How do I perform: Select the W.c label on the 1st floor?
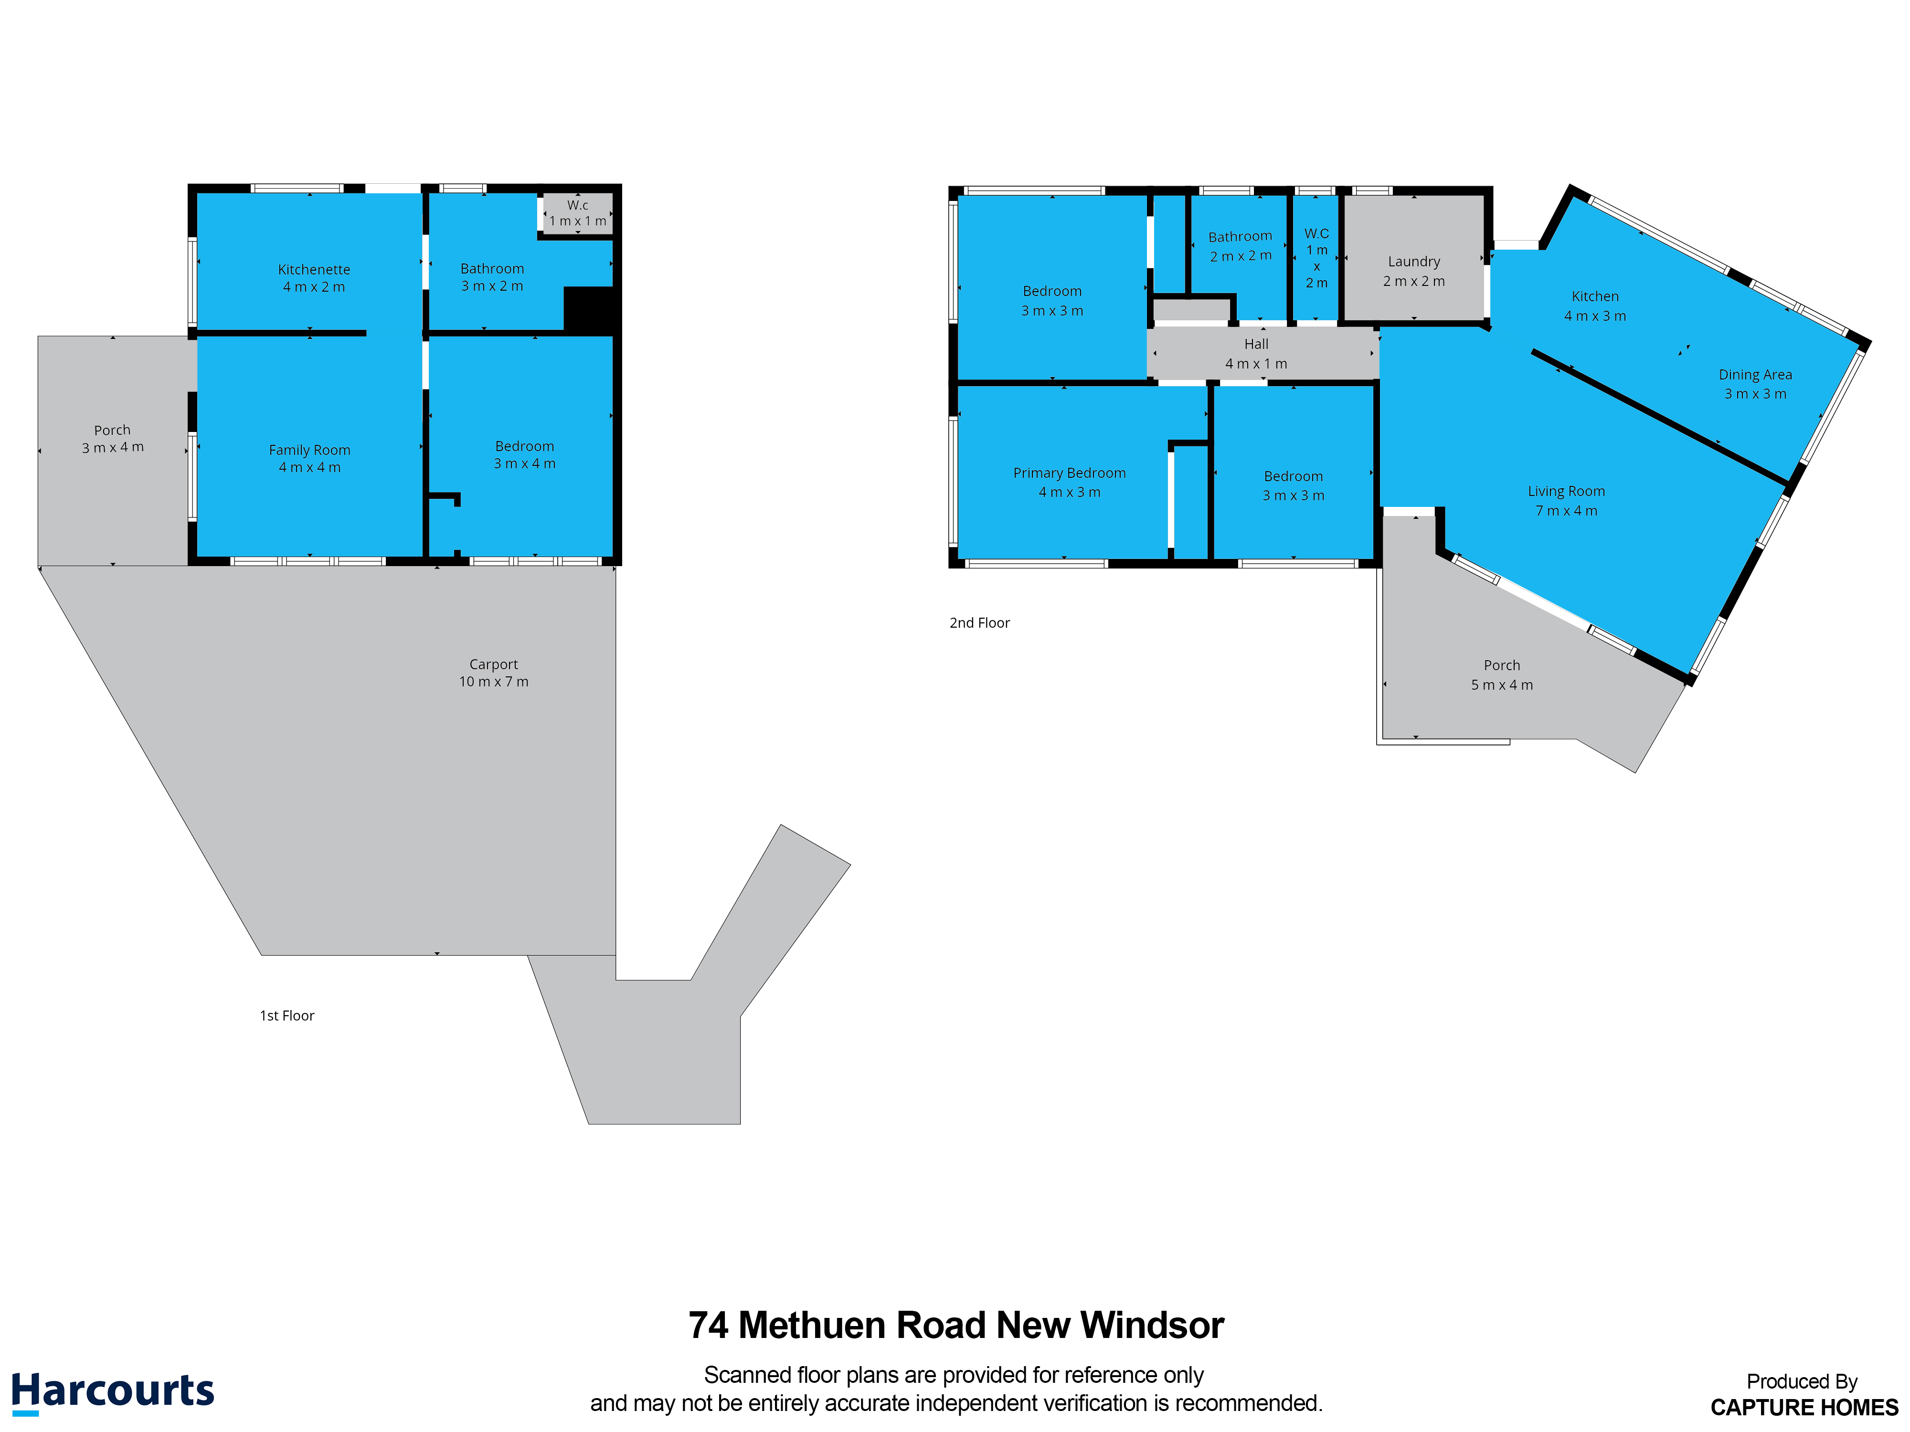pos(578,205)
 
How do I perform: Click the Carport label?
pos(493,664)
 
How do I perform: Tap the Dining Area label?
pos(1755,375)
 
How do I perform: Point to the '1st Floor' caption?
pos(286,1016)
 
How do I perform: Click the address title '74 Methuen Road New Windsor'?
pos(956,1325)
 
